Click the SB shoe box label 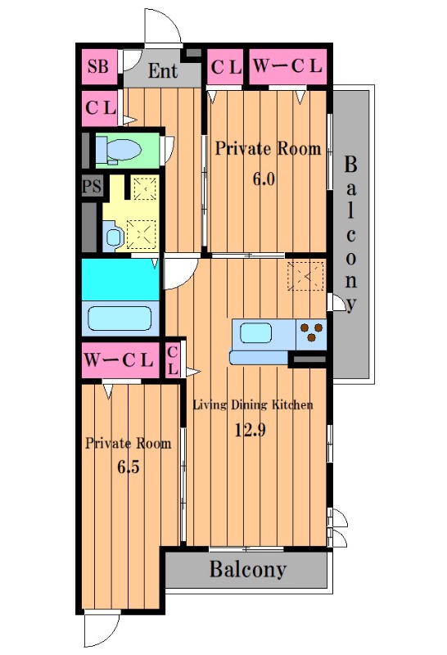(x=98, y=66)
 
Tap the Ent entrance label (x=163, y=70)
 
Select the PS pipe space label (x=92, y=186)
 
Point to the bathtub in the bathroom (x=120, y=318)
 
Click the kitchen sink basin (x=255, y=334)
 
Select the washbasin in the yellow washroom (x=112, y=237)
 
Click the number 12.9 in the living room (x=250, y=429)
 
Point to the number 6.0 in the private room (x=264, y=178)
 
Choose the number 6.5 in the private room (x=128, y=467)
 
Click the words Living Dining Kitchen (x=252, y=404)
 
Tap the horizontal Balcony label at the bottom (x=248, y=569)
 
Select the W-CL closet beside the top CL (x=288, y=66)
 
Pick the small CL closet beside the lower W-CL (x=173, y=360)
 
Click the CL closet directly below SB (x=99, y=108)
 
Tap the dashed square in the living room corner (x=305, y=276)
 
